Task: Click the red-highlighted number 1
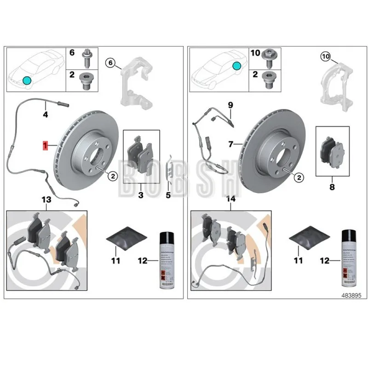45,145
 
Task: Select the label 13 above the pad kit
46,200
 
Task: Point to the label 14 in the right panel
230,200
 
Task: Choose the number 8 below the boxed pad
332,187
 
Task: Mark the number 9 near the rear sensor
230,105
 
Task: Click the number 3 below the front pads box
141,195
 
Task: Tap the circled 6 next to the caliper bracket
110,62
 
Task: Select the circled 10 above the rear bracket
325,57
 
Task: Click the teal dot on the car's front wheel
27,81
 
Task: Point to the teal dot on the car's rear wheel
236,66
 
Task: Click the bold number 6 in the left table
72,53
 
